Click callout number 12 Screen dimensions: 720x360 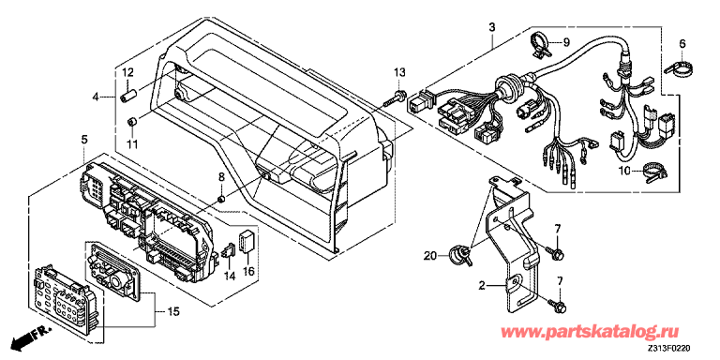tap(127, 72)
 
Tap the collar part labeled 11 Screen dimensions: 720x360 tap(133, 122)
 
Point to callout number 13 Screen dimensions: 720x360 tap(400, 72)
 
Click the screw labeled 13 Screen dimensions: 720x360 tap(397, 98)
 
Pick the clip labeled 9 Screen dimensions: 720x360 tap(540, 45)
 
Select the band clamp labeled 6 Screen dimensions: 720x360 tap(679, 67)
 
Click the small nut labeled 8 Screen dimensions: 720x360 tap(220, 199)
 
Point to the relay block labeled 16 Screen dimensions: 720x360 tap(247, 241)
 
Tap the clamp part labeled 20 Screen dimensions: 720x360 tap(459, 254)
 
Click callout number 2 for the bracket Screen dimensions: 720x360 tap(482, 286)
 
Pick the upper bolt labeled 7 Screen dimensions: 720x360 tap(554, 251)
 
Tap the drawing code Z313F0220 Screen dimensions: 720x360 tap(670, 349)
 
